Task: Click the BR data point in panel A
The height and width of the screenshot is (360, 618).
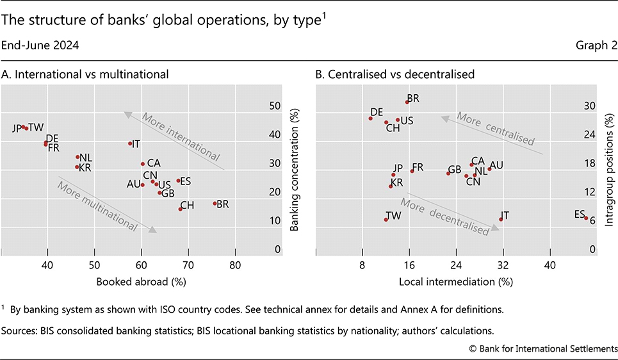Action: [215, 204]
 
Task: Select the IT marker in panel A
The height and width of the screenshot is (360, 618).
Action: [130, 143]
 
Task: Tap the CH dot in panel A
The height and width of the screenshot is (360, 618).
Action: [181, 209]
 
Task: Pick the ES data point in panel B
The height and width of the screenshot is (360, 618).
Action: [586, 218]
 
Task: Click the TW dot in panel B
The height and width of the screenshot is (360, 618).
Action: [386, 220]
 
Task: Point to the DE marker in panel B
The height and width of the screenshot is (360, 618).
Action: [371, 118]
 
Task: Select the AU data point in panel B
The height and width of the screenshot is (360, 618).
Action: [489, 169]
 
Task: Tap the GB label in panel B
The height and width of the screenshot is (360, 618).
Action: [455, 170]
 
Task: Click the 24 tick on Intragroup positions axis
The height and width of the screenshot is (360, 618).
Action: [588, 135]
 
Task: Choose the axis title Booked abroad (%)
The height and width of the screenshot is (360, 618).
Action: [142, 281]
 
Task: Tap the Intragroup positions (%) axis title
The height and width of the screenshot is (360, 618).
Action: [609, 176]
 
